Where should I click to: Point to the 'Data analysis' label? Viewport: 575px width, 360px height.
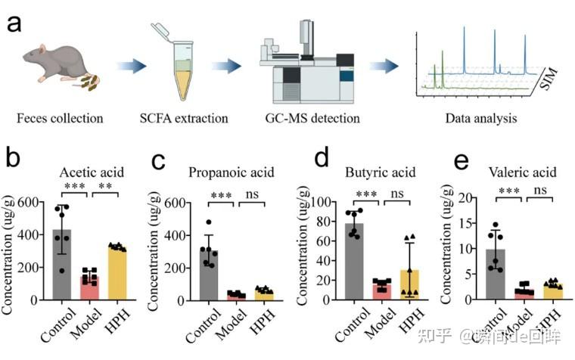(x=480, y=118)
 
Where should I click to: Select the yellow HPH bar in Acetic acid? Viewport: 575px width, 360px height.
(x=116, y=273)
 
